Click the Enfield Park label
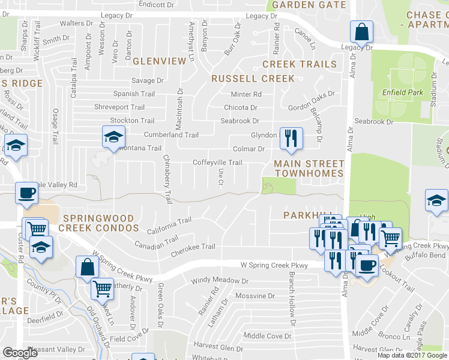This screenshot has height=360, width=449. click(402, 92)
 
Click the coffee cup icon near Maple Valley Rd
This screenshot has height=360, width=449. click(26, 193)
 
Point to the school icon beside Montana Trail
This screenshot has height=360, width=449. click(113, 137)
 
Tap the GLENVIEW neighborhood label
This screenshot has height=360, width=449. click(160, 61)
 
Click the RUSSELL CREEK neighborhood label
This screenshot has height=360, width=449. click(253, 79)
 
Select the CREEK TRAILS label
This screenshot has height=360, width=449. click(300, 64)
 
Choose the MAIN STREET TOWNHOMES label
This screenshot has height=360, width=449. click(309, 168)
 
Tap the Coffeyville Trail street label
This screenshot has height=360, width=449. click(217, 163)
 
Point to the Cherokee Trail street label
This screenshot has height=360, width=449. click(193, 247)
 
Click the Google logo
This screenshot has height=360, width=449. click(20, 353)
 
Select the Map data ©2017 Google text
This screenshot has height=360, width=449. click(412, 355)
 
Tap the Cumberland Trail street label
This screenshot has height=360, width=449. click(170, 135)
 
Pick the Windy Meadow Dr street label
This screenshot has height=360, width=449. click(215, 281)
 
